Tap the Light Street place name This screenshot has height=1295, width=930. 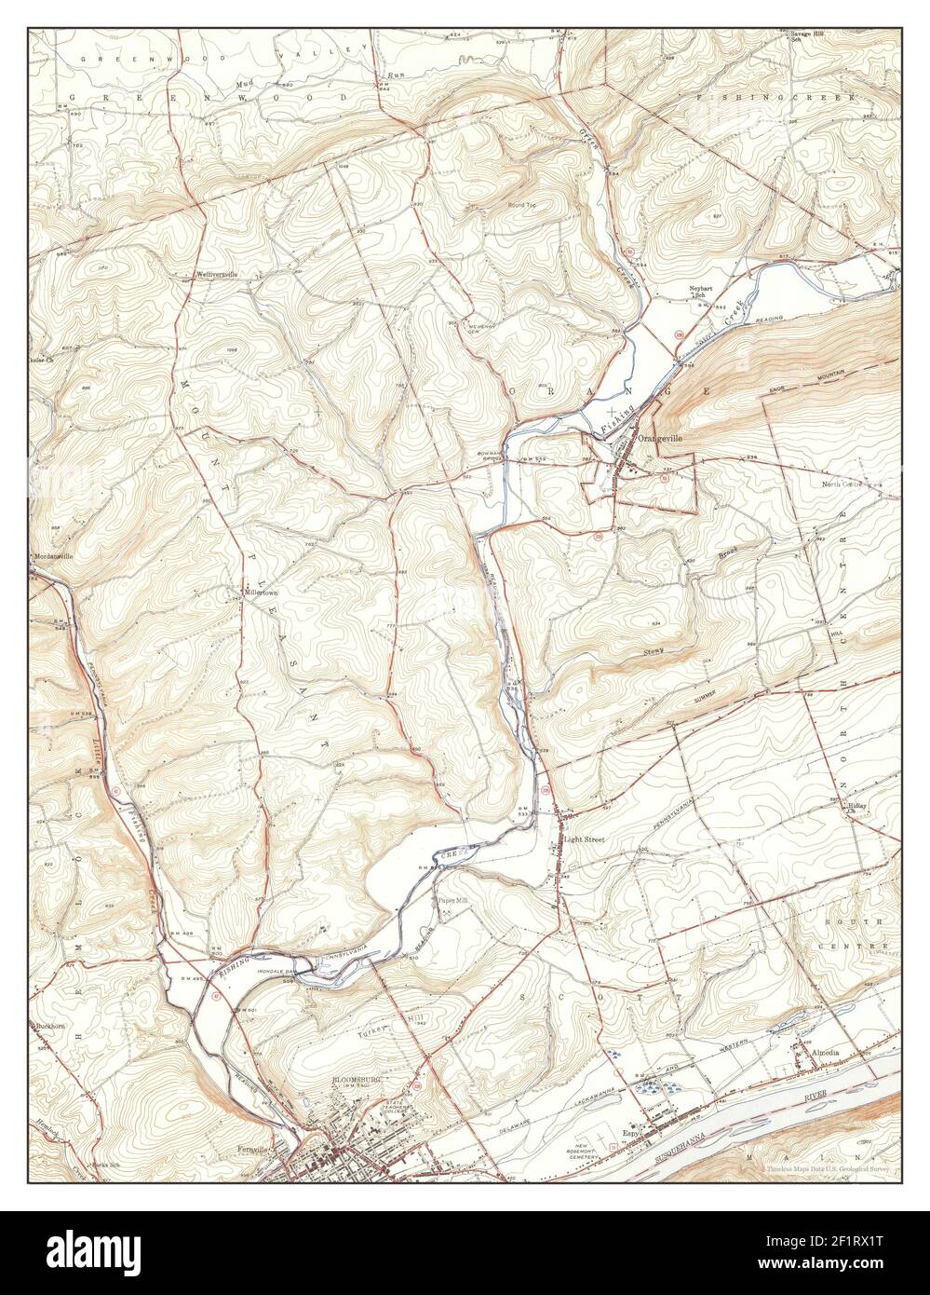tap(584, 839)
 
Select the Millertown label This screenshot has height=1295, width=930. tap(262, 592)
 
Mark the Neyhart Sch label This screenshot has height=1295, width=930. tap(701, 291)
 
